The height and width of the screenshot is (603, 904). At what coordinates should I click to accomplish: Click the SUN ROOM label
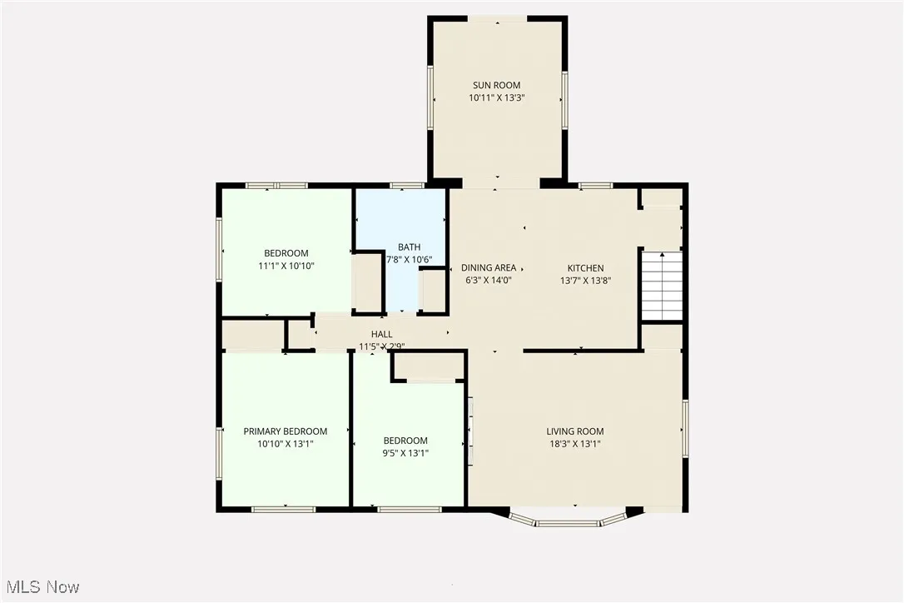pyautogui.click(x=497, y=85)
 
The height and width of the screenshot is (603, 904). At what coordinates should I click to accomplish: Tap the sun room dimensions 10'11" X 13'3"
pyautogui.click(x=497, y=97)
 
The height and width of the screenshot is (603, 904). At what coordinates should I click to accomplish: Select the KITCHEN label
pyautogui.click(x=585, y=268)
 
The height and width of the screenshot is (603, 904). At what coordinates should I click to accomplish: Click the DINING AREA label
pyautogui.click(x=489, y=268)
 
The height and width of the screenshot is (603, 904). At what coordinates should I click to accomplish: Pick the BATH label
pyautogui.click(x=409, y=247)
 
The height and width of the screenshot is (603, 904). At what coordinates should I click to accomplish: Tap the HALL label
pyautogui.click(x=381, y=334)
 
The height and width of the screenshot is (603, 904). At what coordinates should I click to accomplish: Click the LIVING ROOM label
pyautogui.click(x=574, y=431)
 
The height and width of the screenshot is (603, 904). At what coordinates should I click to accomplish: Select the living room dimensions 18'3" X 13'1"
pyautogui.click(x=574, y=444)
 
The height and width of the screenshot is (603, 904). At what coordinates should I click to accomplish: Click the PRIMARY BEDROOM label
pyautogui.click(x=285, y=431)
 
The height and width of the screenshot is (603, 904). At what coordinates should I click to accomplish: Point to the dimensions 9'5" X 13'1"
pyautogui.click(x=405, y=454)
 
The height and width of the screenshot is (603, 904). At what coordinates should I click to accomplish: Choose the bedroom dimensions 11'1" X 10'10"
pyautogui.click(x=286, y=266)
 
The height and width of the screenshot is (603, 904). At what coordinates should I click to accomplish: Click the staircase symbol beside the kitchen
pyautogui.click(x=662, y=286)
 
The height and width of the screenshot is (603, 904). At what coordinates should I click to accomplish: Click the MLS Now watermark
pyautogui.click(x=40, y=587)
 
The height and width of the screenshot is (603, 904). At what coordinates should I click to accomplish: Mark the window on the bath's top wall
pyautogui.click(x=405, y=185)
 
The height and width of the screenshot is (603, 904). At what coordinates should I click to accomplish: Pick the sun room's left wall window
pyautogui.click(x=431, y=97)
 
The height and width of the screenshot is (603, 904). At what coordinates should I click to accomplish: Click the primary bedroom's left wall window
pyautogui.click(x=220, y=453)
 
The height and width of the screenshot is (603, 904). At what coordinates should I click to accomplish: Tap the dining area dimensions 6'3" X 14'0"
pyautogui.click(x=489, y=281)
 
